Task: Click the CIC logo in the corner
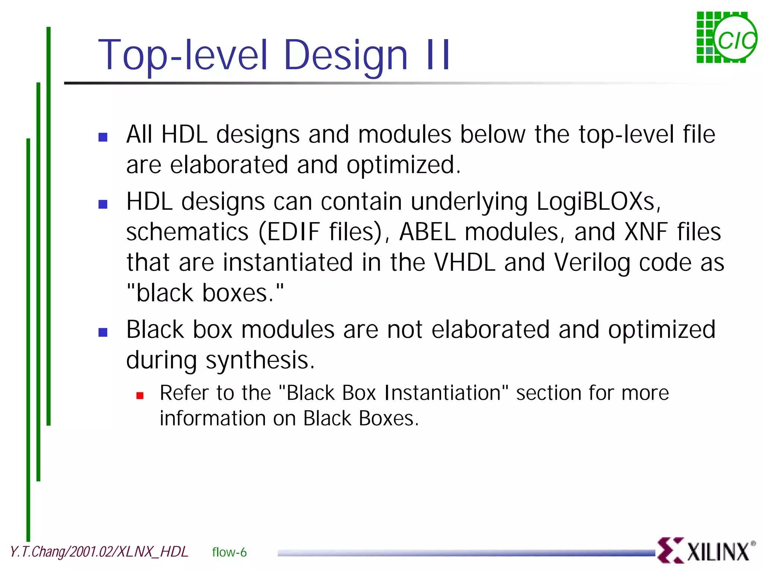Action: [x=726, y=38]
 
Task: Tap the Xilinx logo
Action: [x=706, y=551]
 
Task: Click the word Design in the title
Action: [x=345, y=56]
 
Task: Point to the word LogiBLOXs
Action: [x=598, y=202]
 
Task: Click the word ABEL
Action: [x=427, y=232]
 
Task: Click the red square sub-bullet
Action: [x=140, y=396]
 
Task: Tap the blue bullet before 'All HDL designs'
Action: [x=103, y=137]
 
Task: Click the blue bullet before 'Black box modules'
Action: [x=103, y=332]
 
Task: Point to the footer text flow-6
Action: [x=229, y=552]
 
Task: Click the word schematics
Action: [x=187, y=232]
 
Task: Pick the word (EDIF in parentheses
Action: [x=289, y=232]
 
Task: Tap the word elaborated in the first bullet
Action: [x=229, y=165]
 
